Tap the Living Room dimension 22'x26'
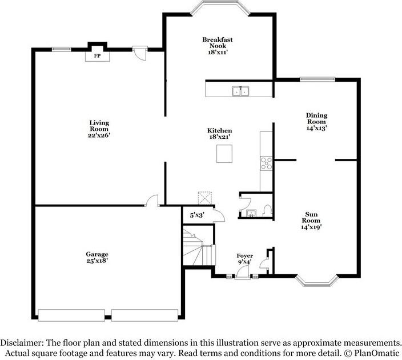click(x=99, y=135)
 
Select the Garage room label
click(x=97, y=254)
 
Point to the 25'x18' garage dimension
click(x=97, y=261)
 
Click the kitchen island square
click(x=225, y=154)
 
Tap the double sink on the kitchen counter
click(x=240, y=91)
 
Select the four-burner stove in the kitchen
click(x=266, y=163)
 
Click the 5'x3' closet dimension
click(x=196, y=215)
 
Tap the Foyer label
click(x=244, y=255)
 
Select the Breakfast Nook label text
click(x=217, y=43)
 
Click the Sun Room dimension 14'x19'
click(x=311, y=227)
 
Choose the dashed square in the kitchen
click(x=204, y=197)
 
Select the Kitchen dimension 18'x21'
click(x=219, y=138)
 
